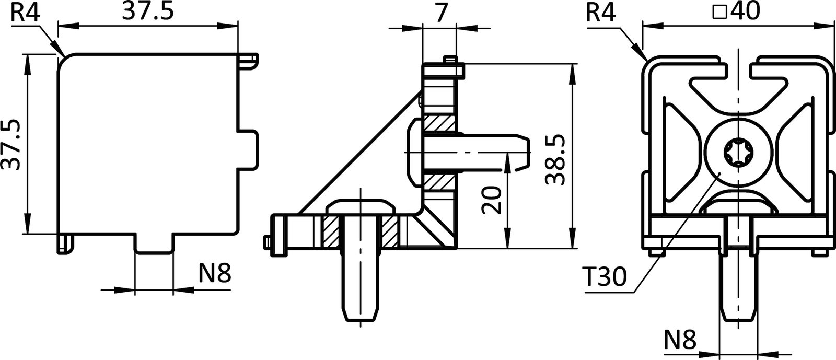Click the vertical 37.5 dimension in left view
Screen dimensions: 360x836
pyautogui.click(x=11, y=144)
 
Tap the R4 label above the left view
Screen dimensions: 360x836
pyautogui.click(x=25, y=13)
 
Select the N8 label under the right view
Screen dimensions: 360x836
pyautogui.click(x=680, y=340)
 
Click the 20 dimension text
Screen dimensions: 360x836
pyautogui.click(x=492, y=201)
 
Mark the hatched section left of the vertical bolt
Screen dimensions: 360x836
pyautogui.click(x=331, y=231)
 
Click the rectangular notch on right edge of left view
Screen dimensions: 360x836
pyautogui.click(x=249, y=149)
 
